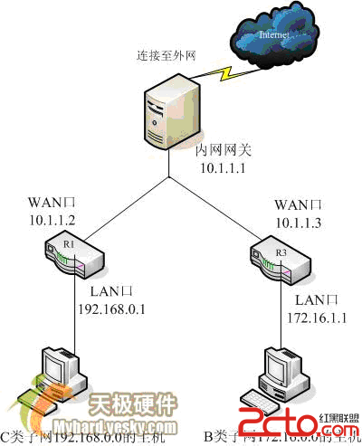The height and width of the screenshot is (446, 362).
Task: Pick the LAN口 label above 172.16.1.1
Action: (x=316, y=299)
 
